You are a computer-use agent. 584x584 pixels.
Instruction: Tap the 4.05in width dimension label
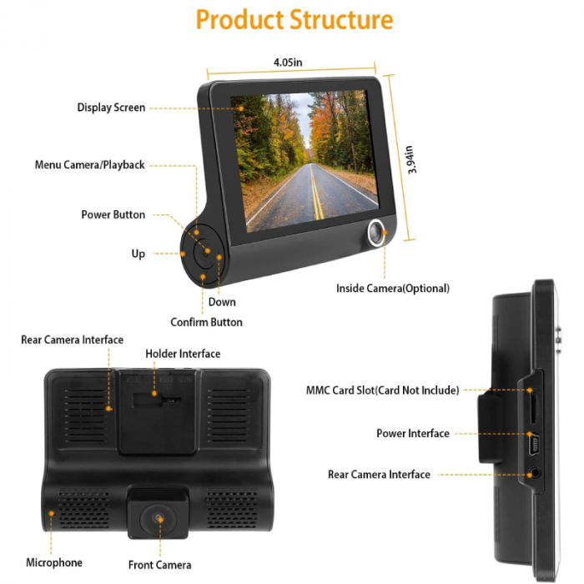(288, 63)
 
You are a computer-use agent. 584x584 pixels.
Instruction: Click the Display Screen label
(111, 108)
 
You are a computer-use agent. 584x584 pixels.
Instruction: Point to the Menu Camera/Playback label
(90, 164)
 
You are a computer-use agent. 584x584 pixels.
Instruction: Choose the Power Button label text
(113, 214)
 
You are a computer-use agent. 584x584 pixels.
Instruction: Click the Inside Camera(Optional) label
(393, 289)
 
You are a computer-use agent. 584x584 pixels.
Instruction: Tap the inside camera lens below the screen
(376, 233)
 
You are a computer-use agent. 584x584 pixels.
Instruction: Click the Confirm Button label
(206, 322)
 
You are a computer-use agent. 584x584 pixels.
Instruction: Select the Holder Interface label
(183, 354)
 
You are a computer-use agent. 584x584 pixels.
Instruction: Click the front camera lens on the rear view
(158, 518)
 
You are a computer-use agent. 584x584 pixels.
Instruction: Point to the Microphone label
(54, 562)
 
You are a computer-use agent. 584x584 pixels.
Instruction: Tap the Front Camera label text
(160, 565)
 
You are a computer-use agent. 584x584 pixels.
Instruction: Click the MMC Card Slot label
(382, 390)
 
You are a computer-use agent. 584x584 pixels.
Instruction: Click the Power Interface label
(413, 434)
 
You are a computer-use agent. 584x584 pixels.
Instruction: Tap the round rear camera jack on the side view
(535, 474)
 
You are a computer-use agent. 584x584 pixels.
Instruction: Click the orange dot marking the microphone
(52, 514)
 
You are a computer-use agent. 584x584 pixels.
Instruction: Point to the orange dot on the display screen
(241, 108)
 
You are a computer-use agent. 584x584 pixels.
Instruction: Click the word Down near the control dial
(222, 302)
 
